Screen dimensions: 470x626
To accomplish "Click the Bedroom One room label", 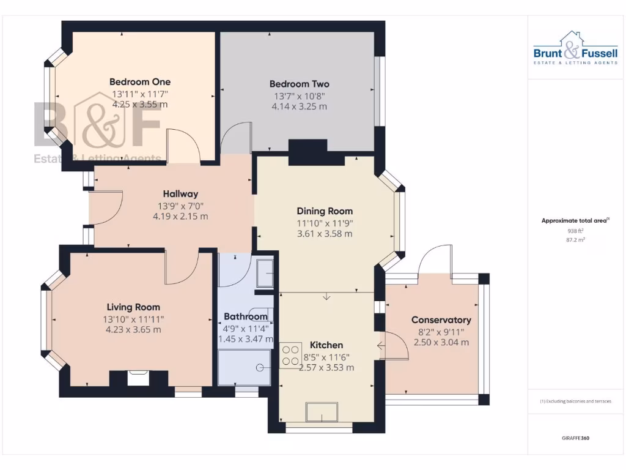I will pos(140,82).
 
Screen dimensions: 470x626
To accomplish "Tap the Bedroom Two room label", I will pos(300,84).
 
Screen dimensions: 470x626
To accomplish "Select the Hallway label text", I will pos(180,194).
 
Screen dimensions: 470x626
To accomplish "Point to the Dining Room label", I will pos(325,211).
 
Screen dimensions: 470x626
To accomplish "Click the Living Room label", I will pos(133,307).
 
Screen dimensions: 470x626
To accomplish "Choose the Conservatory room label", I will pos(441,320).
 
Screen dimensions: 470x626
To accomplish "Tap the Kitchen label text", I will pos(326,345).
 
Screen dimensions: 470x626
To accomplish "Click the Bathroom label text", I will pos(246,316).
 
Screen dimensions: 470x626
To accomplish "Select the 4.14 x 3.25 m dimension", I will pos(300,106).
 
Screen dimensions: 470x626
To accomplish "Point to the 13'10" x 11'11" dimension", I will pos(133,319).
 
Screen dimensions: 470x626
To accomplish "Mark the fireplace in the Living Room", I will pos(137,377).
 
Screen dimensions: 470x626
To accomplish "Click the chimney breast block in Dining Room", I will pos(308,152).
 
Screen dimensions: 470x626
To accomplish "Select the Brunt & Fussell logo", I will pos(567,49).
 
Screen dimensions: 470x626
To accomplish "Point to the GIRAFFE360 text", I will pos(575,438).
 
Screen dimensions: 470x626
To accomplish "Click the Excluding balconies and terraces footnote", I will pos(575,401).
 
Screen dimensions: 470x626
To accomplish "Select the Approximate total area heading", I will pos(573,221).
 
